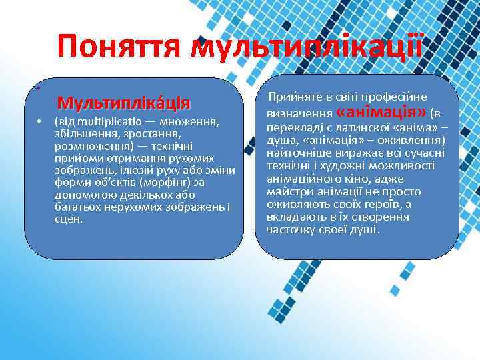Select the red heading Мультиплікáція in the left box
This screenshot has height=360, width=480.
pos(124,103)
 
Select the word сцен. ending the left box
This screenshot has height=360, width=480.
pos(69,218)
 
